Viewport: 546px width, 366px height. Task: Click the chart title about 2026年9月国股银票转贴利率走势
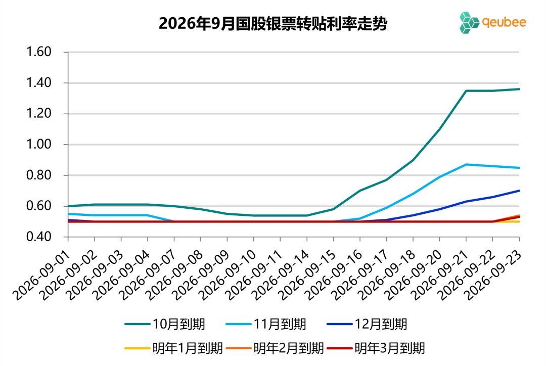click(x=272, y=24)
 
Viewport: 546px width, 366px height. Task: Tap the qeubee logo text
click(x=504, y=22)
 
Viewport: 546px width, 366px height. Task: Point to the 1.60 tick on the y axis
click(x=39, y=52)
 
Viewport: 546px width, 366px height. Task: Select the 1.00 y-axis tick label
click(x=39, y=144)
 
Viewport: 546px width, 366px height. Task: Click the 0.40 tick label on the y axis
click(x=39, y=237)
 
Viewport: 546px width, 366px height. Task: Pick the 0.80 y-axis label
click(x=39, y=175)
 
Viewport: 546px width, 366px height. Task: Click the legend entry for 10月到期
click(x=165, y=324)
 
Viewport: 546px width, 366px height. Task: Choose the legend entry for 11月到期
click(x=266, y=324)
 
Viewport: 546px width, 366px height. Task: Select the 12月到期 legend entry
click(x=367, y=324)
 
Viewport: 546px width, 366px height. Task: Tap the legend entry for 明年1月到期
click(x=173, y=348)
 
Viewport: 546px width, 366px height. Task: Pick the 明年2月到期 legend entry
click(x=275, y=348)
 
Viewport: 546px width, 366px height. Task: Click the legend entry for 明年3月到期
click(x=376, y=348)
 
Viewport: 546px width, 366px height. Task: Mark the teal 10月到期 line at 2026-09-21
click(x=466, y=91)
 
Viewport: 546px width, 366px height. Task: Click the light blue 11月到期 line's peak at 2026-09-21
click(x=466, y=164)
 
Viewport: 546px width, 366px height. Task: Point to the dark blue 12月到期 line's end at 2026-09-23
click(x=519, y=191)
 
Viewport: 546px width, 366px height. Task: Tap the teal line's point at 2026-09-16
click(x=360, y=191)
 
